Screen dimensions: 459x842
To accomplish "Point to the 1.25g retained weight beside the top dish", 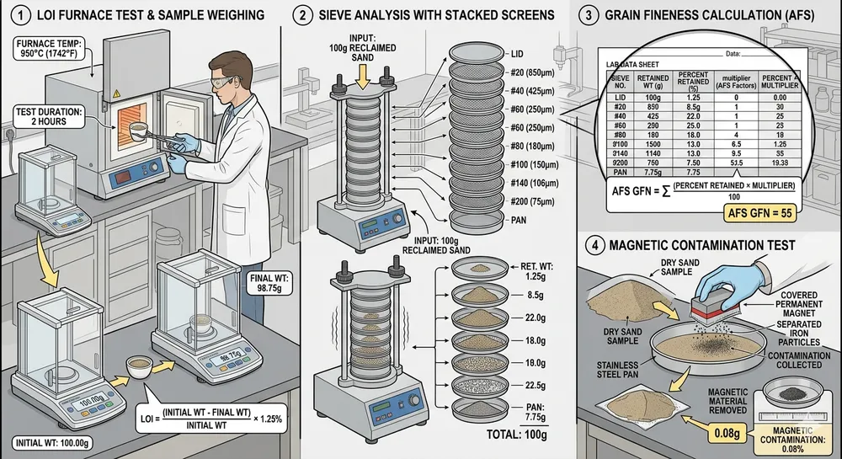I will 535,275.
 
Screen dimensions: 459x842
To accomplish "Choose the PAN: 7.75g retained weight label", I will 536,411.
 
